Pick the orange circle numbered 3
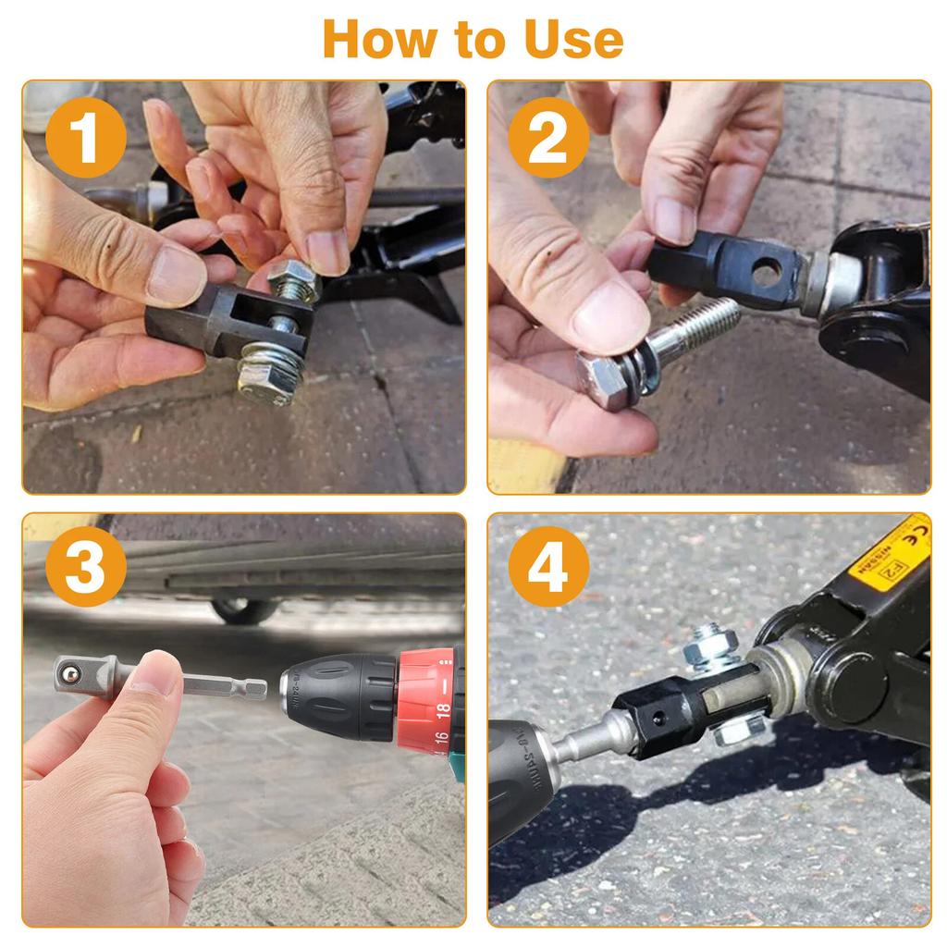point(85,566)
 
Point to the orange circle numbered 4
point(547,566)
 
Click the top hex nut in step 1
point(293,277)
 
